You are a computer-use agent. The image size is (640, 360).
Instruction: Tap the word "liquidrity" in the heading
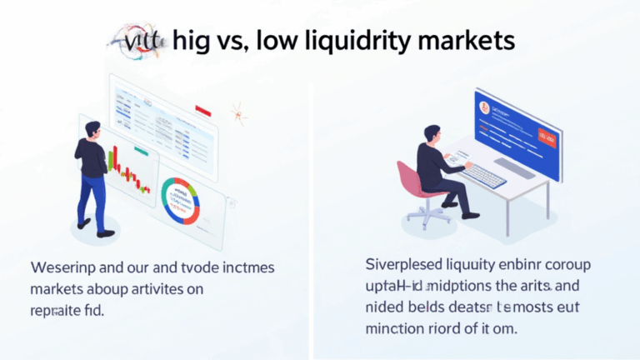pyautogui.click(x=356, y=39)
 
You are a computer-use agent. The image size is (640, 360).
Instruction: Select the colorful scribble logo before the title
pyautogui.click(x=137, y=39)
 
